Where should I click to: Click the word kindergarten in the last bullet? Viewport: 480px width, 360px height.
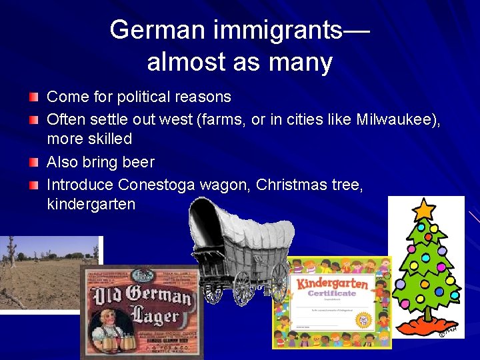coord(91,204)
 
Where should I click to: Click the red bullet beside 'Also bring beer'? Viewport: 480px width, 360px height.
coord(33,162)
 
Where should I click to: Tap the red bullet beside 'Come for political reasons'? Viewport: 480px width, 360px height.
coord(33,97)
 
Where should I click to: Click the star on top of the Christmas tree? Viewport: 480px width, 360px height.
coord(423,210)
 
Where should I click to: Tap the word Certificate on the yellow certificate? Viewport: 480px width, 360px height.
coord(331,293)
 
